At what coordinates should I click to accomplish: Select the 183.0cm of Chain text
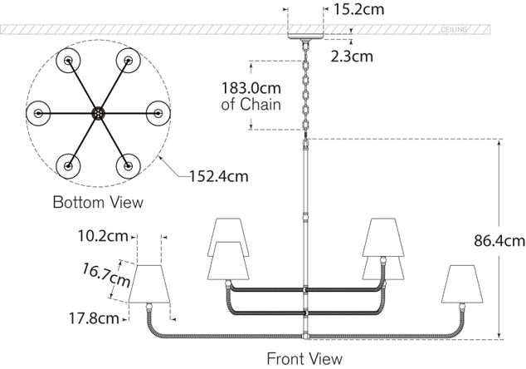[x=251, y=96]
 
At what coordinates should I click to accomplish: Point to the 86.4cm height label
[x=500, y=242]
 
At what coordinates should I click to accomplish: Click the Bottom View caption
[x=97, y=202]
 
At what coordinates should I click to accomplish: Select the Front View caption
[x=304, y=359]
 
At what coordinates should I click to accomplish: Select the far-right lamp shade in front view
[x=465, y=286]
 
